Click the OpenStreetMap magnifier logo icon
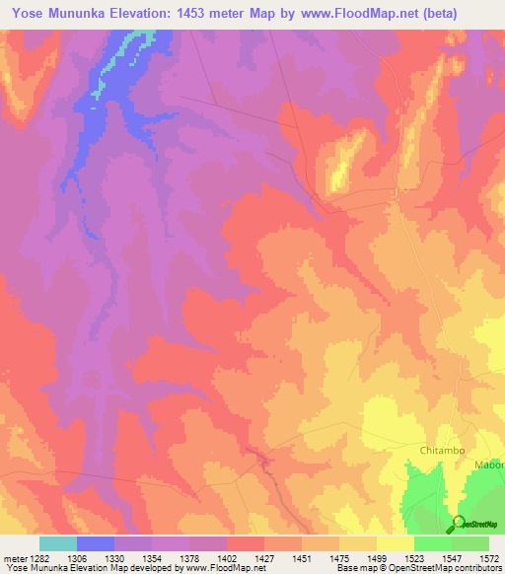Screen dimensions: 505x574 click(458, 523)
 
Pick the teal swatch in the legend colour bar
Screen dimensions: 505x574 click(58, 543)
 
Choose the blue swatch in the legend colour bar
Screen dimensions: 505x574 click(96, 543)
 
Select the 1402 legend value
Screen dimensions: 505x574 click(226, 559)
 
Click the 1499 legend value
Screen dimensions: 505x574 click(375, 559)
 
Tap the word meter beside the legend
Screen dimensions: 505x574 click(12, 559)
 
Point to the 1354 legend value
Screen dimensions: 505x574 click(150, 559)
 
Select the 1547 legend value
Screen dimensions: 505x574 click(451, 559)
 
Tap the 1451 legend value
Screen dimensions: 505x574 click(300, 559)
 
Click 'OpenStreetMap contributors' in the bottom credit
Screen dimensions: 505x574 click(446, 569)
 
